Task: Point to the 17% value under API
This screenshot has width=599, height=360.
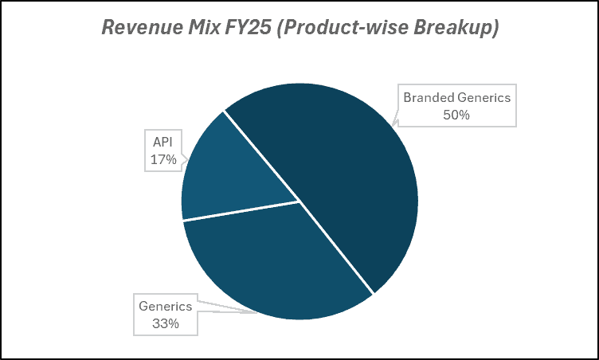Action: (162, 158)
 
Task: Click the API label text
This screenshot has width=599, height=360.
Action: (162, 142)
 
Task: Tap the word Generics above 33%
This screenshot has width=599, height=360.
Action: (165, 306)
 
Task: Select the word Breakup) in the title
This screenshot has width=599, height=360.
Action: (455, 27)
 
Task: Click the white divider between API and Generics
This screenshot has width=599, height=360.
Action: (241, 210)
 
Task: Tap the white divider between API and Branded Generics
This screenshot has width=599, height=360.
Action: (262, 155)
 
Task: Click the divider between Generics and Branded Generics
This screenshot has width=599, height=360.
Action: (336, 247)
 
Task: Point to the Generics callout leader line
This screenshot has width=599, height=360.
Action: (231, 309)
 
